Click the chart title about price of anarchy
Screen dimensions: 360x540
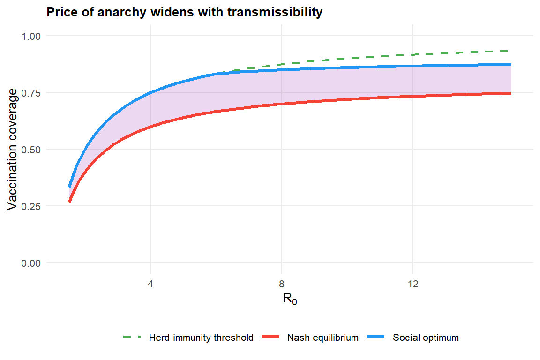click(x=184, y=13)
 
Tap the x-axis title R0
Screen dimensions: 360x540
click(x=290, y=299)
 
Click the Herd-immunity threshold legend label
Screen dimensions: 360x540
click(x=201, y=337)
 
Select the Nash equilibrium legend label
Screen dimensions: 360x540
click(x=323, y=337)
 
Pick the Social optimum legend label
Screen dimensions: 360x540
click(x=426, y=337)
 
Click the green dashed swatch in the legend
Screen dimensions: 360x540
click(x=132, y=337)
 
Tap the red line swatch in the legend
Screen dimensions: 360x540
click(x=271, y=337)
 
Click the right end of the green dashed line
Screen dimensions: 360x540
click(x=510, y=51)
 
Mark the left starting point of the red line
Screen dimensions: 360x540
click(x=69, y=202)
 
